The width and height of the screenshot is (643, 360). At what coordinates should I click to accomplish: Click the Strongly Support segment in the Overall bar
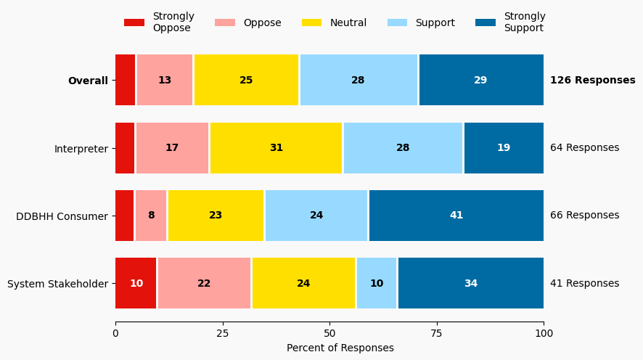coord(481,80)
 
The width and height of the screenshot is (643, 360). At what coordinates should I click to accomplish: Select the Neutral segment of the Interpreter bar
coord(276,148)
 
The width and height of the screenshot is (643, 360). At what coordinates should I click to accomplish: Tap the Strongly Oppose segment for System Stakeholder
coord(136,283)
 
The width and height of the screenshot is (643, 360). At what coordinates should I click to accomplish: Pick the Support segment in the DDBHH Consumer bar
coord(316,216)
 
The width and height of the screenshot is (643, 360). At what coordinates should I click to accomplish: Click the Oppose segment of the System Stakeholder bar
coord(204,283)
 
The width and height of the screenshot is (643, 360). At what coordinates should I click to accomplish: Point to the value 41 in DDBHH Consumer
coord(456,216)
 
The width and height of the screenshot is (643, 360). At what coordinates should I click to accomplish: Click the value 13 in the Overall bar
coord(165,80)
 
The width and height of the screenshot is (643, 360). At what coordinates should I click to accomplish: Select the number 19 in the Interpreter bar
coord(504,148)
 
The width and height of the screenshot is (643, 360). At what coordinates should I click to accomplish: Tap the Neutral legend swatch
coord(312,22)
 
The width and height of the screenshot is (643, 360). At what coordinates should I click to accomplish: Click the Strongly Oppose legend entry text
coord(173,22)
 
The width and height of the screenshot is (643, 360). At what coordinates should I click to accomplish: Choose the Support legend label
coord(435,22)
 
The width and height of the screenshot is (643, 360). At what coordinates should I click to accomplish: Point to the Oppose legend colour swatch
coord(225,22)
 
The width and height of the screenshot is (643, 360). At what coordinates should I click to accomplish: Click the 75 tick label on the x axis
coord(437,333)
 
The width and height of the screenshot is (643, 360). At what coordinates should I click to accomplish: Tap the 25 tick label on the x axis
coord(223,333)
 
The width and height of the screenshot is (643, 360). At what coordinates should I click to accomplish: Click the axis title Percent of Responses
coord(340,348)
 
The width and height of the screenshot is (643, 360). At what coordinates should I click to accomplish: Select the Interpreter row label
coord(81,149)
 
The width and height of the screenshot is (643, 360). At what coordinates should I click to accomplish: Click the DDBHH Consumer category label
coord(62,216)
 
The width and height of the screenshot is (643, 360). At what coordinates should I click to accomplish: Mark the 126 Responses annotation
coord(592,81)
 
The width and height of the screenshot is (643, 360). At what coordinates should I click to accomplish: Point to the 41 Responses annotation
coord(584,284)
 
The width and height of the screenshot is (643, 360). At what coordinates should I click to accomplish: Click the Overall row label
coord(88,81)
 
